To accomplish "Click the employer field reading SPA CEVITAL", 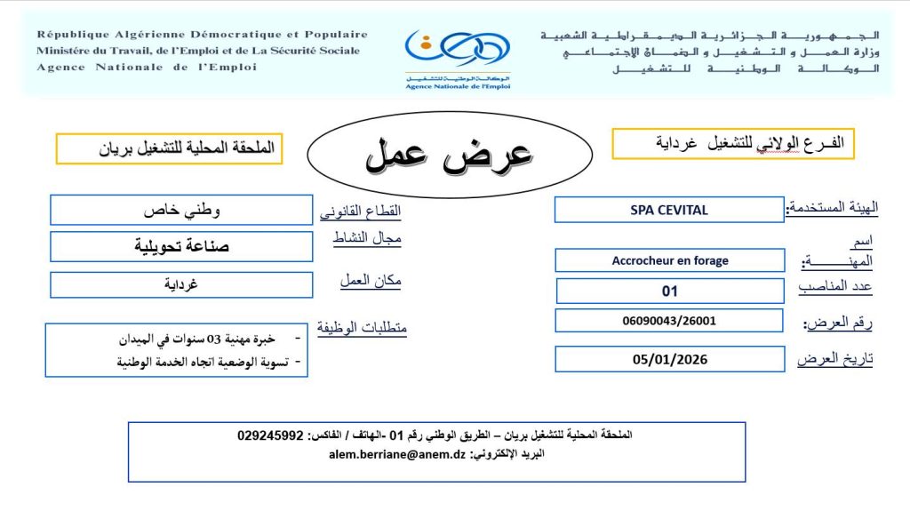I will click(x=669, y=210).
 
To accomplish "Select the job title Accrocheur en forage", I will click(x=669, y=260).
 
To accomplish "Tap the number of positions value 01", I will click(x=669, y=291).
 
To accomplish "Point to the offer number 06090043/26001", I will click(x=669, y=321).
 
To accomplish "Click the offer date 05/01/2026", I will click(x=669, y=359).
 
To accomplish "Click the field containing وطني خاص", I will click(x=181, y=211).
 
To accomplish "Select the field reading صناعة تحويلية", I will click(x=181, y=246).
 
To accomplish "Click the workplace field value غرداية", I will click(x=181, y=284).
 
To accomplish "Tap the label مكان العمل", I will click(x=371, y=280).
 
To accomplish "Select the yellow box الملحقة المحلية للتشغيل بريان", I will click(x=169, y=148).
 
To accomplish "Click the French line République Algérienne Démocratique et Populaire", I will click(x=202, y=35).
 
